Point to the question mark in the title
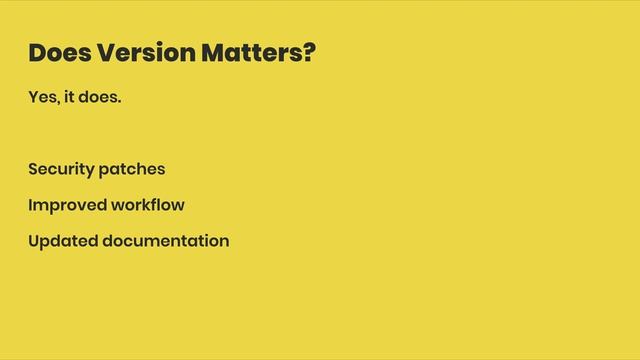308,52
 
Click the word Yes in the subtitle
43,100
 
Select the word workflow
149,205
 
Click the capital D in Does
37,52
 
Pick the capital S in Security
34,169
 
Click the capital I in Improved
31,205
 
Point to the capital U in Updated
35,241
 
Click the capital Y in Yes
34,100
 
